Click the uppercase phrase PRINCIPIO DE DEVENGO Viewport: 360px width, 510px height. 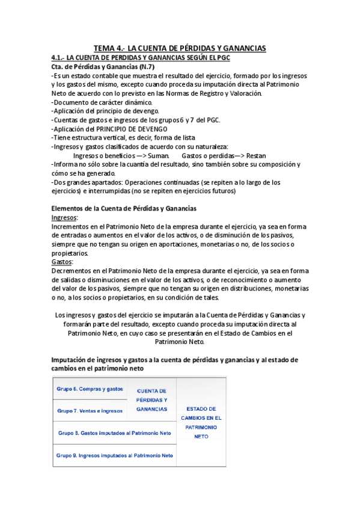pos(130,129)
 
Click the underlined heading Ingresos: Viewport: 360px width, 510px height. pos(65,217)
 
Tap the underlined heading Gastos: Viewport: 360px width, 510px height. pos(63,262)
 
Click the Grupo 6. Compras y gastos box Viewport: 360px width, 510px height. pos(90,389)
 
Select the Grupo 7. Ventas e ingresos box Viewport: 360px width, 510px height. pos(90,411)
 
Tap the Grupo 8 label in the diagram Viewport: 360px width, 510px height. pos(114,433)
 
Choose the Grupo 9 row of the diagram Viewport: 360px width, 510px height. pos(114,455)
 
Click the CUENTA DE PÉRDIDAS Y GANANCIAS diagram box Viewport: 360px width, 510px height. pos(152,400)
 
